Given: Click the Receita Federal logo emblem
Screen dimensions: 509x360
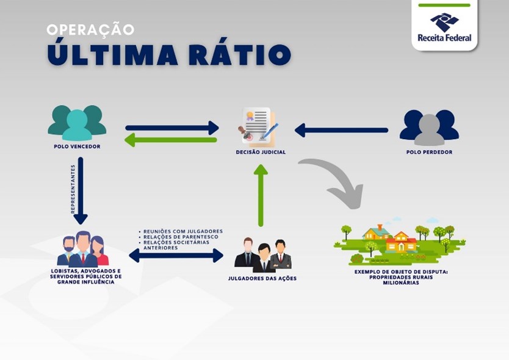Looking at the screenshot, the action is (444, 22).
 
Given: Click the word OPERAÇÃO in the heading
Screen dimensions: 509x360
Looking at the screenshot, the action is (90, 29).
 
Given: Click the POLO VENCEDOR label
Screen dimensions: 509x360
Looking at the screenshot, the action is (77, 146).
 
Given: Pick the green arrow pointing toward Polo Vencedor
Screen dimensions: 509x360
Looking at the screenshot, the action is (171, 140).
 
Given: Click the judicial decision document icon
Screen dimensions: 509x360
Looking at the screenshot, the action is (259, 126).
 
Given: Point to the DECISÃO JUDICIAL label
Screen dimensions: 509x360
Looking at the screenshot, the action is (261, 152).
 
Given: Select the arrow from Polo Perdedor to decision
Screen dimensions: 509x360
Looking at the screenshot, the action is (341, 130).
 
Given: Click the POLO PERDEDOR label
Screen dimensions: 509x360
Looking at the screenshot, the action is (429, 152).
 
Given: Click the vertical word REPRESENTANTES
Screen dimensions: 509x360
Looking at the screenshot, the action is (73, 189).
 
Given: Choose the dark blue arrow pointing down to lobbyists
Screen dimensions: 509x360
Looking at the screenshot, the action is (81, 190).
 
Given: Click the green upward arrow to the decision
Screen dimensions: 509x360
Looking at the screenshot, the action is (261, 195).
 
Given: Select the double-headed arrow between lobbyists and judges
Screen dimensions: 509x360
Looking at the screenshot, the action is (176, 256).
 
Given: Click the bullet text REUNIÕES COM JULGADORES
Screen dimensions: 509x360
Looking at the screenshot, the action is (182, 231).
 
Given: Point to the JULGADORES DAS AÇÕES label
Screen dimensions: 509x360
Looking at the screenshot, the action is (262, 278).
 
